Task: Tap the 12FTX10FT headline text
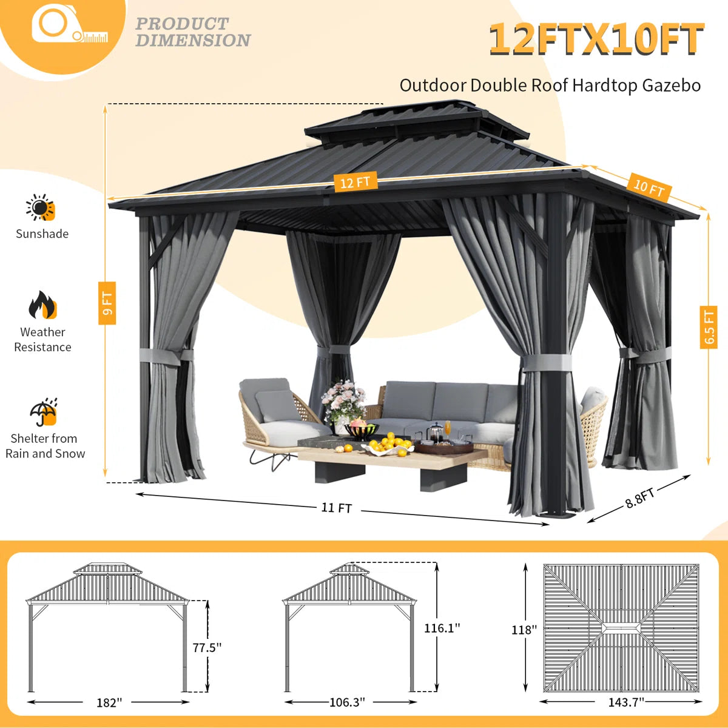(x=596, y=40)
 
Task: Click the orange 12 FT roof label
(x=355, y=181)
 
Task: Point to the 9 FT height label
(x=107, y=303)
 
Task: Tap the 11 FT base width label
(x=337, y=508)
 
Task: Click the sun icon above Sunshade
(x=41, y=208)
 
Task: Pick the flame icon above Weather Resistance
(x=42, y=305)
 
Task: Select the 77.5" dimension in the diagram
(x=207, y=648)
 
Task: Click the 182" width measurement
(x=109, y=703)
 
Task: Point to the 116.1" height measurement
(x=442, y=629)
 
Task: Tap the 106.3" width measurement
(x=347, y=703)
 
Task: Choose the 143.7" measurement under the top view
(x=626, y=703)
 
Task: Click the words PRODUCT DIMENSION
(x=192, y=32)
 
